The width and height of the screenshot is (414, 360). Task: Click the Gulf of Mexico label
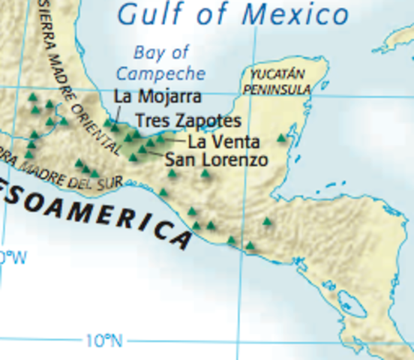click(233, 14)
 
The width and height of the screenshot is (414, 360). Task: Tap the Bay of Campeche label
click(161, 63)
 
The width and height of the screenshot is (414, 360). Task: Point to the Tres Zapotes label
click(188, 121)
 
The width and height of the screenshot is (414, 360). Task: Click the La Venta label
click(223, 141)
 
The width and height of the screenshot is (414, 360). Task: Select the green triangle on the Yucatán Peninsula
click(282, 138)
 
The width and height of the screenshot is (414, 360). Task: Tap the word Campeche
click(161, 73)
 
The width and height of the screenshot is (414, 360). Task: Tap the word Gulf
click(146, 13)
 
